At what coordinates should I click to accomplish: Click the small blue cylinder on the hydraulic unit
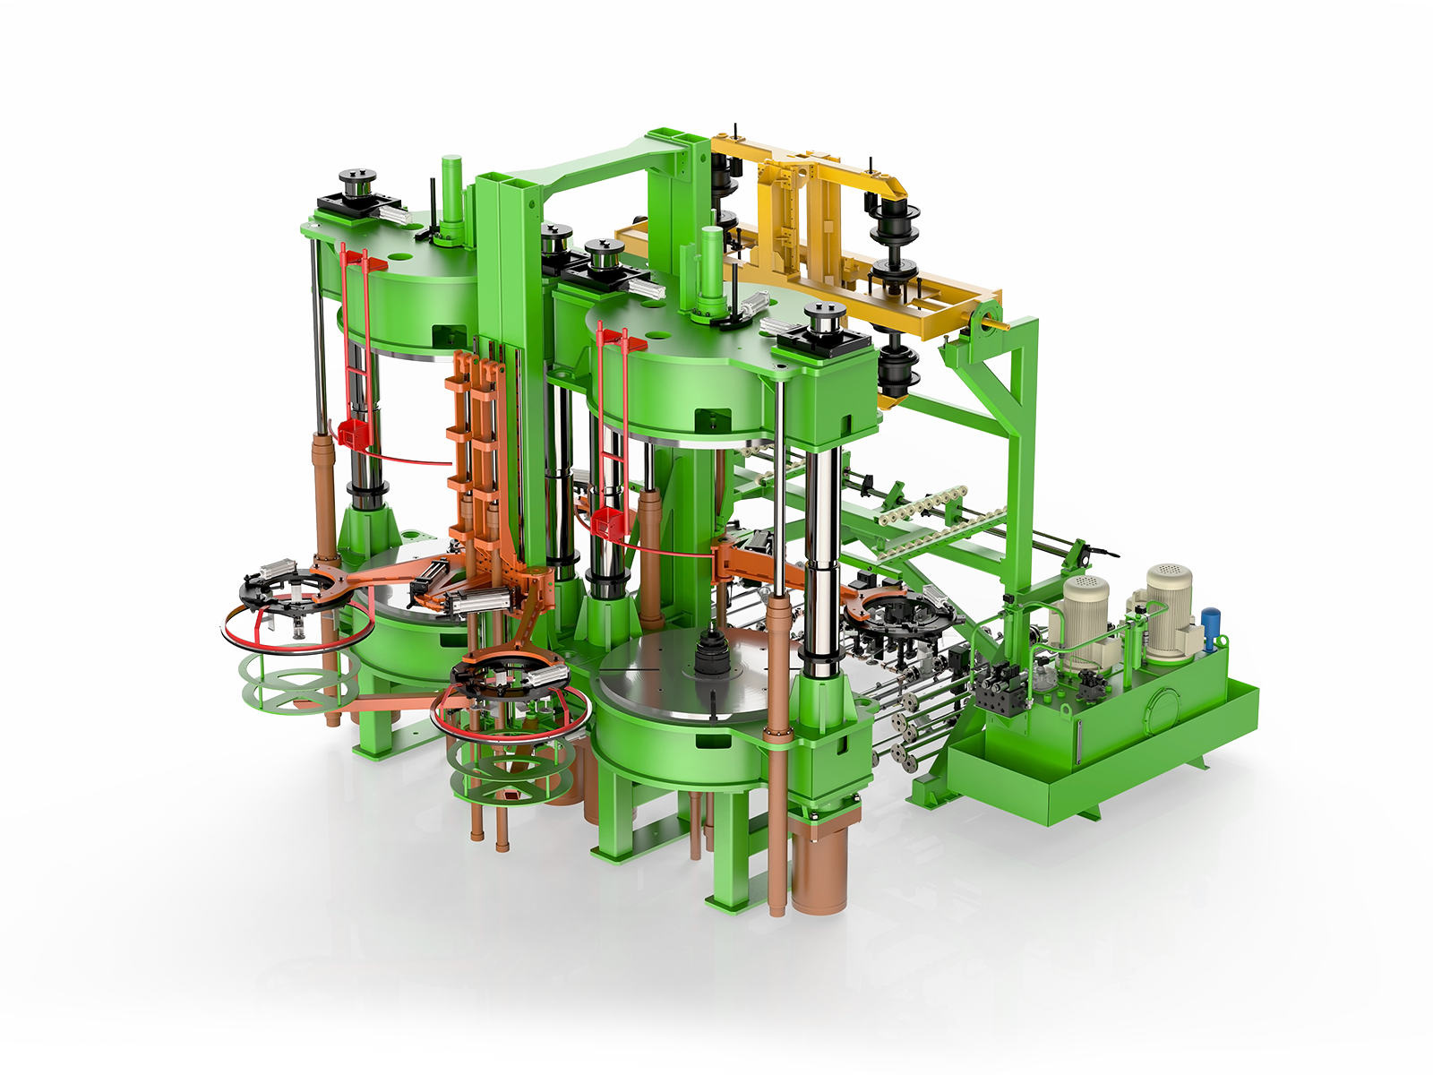pos(1211,624)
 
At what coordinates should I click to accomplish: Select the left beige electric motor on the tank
pos(1085,609)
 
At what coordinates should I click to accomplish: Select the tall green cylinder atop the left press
pos(450,193)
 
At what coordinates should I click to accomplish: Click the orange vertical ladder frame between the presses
pos(475,448)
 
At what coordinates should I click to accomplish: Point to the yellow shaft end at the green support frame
pos(996,318)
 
